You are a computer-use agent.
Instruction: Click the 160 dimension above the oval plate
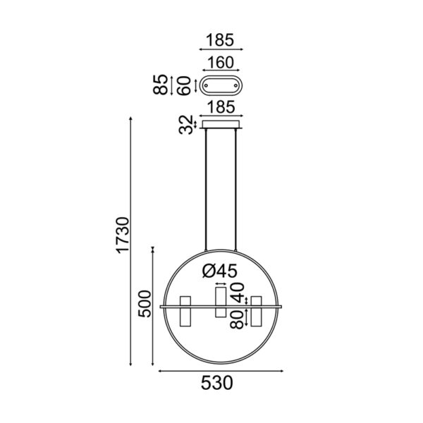221,62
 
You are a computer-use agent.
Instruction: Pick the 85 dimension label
161,85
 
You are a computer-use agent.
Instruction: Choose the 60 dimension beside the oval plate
185,85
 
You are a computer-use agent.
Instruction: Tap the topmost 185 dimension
221,39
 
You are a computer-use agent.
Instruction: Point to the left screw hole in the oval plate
207,85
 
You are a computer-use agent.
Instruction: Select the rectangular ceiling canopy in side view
221,125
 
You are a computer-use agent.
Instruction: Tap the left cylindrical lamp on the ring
186,312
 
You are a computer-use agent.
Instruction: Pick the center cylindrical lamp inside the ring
221,302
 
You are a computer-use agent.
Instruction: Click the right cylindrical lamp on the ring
256,312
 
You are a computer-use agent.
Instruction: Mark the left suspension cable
205,190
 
